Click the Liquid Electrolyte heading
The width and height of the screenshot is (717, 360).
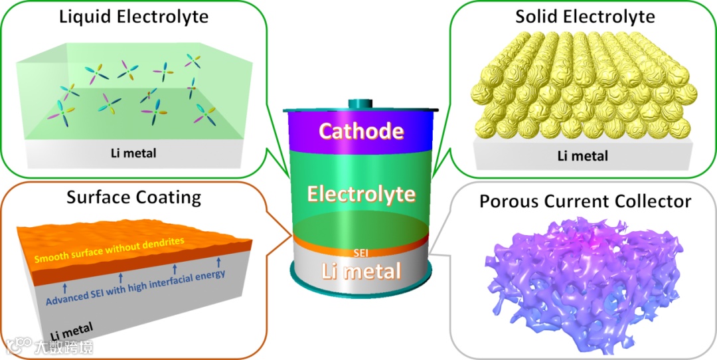point(133,16)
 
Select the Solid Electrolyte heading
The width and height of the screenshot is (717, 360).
point(585,16)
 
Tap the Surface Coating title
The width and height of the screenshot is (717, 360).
point(133,197)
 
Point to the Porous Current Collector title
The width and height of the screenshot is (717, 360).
point(585,201)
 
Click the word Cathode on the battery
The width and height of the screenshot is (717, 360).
point(361,131)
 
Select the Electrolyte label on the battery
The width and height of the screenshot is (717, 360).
point(361,195)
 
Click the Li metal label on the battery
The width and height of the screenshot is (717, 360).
point(361,270)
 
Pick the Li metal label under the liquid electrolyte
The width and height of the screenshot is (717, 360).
point(133,153)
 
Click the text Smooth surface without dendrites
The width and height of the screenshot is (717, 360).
point(109,249)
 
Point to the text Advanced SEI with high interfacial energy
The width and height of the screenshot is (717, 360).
point(136,288)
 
